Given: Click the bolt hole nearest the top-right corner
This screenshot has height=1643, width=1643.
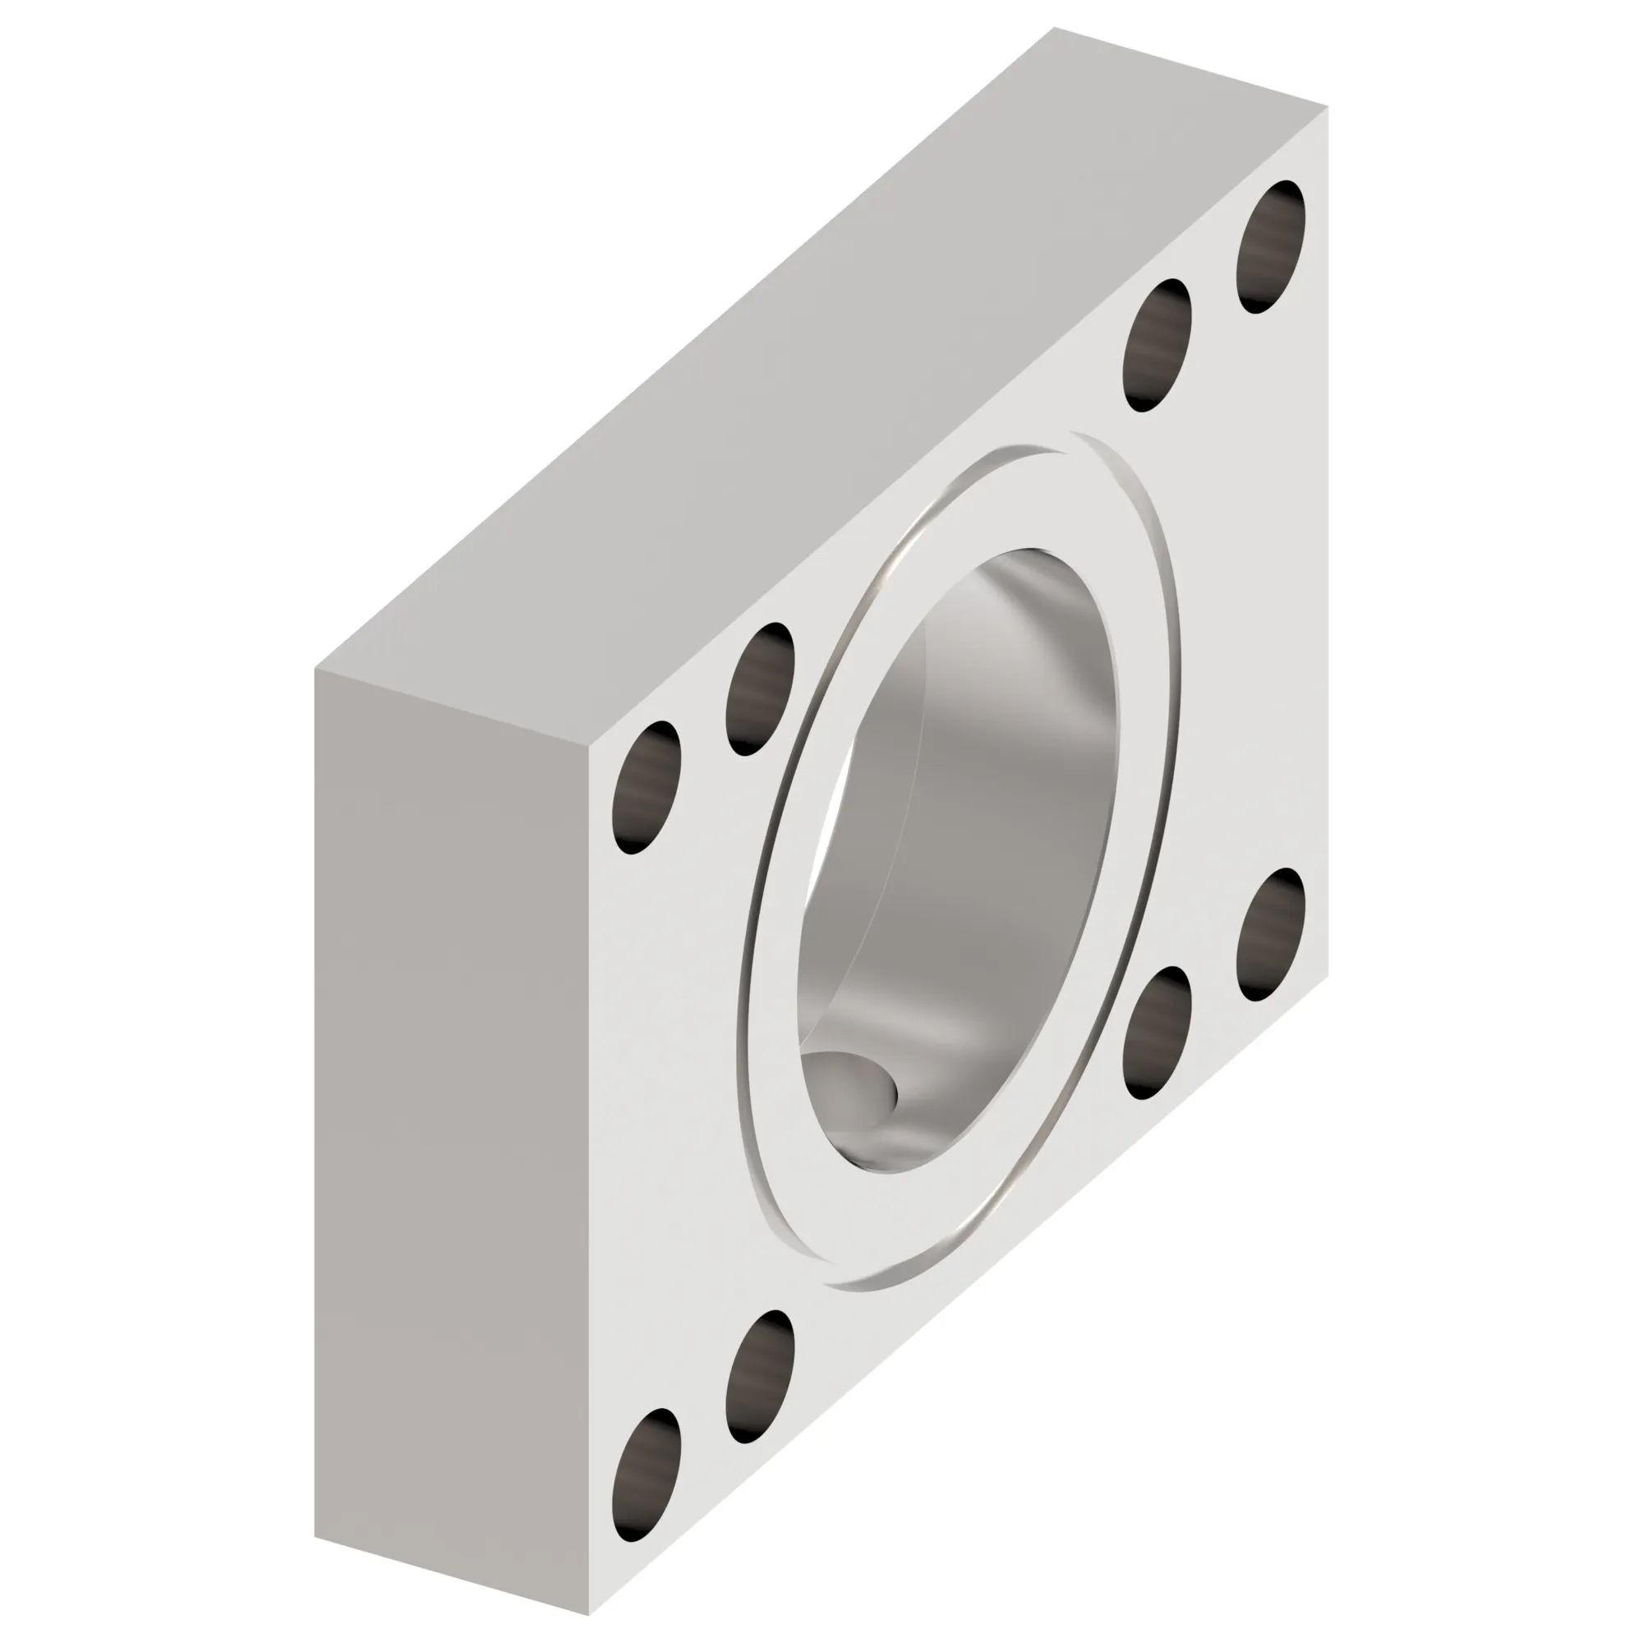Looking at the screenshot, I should click(x=1271, y=246).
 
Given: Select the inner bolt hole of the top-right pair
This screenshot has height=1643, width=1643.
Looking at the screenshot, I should click(x=1157, y=345).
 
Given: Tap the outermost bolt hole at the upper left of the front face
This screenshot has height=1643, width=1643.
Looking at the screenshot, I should click(x=647, y=788).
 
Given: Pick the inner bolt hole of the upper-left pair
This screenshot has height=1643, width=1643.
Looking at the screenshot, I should click(x=759, y=689).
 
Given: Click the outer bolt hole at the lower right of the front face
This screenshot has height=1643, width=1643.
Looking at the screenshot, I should click(x=1271, y=935).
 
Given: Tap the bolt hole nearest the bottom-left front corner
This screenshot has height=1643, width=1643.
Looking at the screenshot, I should click(x=647, y=1475).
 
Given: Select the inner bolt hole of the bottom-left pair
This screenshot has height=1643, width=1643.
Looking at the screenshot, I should click(x=759, y=1377).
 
